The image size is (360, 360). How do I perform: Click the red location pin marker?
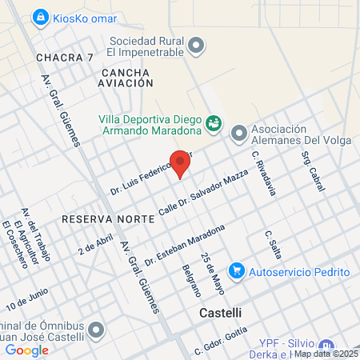[x=181, y=163]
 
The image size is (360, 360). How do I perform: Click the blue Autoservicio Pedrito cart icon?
[x=236, y=271]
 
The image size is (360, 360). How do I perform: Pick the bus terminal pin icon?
[x=97, y=329]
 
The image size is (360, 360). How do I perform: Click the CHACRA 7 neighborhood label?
[x=65, y=58]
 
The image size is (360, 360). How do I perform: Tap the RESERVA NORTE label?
[x=96, y=218]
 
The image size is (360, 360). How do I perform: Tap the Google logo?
[x=27, y=350]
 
